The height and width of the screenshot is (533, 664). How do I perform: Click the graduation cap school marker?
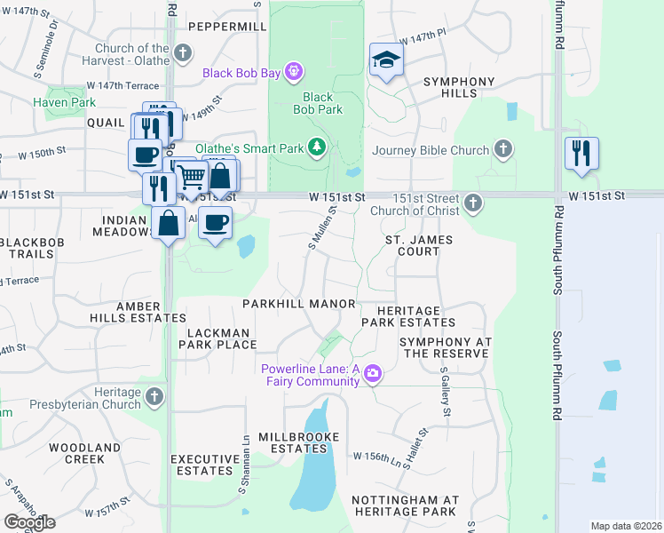386,60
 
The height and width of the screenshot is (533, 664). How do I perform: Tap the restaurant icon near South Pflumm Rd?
581,151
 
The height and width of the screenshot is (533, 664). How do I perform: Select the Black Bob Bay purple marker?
295,72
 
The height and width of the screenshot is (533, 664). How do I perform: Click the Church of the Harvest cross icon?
183,53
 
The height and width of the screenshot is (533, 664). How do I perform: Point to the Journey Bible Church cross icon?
503,149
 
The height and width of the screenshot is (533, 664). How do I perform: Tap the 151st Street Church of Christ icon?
473,203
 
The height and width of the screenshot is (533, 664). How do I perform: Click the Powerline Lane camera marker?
373,375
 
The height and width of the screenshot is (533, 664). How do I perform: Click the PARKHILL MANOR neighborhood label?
299,304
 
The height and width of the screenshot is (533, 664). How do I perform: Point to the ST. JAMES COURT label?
418,246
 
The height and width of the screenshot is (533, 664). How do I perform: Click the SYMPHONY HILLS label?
458,87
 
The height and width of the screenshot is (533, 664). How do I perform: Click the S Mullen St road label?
322,227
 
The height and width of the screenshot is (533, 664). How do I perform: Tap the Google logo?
29,521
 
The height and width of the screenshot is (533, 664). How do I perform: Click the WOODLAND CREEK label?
84,453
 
